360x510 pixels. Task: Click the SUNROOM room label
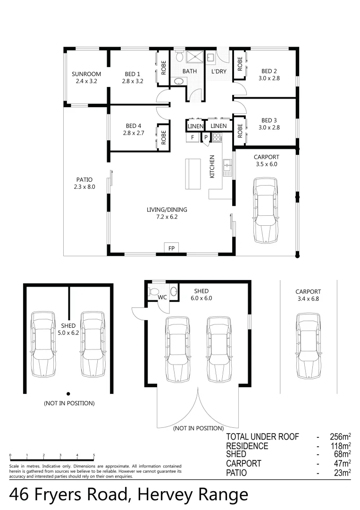pos(86,74)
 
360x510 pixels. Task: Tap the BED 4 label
pos(134,126)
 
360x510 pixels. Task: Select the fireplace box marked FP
pos(172,248)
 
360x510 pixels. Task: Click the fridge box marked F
pos(193,137)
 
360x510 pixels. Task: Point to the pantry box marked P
pos(206,137)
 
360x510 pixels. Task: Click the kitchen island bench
pos(193,174)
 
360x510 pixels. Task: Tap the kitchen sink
pos(227,167)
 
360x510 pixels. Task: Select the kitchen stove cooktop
pos(217,137)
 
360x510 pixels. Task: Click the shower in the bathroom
pos(194,57)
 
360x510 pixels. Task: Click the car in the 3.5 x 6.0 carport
pos(266,210)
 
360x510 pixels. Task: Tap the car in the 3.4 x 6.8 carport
pos(308,345)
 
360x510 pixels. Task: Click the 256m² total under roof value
pos(340,436)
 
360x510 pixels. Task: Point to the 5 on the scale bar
pos(94,455)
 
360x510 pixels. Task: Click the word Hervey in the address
pos(165,495)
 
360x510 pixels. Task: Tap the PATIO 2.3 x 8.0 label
pos(84,183)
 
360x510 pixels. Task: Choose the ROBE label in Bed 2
pos(240,64)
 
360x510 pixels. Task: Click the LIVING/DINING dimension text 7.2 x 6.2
pos(167,217)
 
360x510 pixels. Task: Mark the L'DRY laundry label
pos(218,71)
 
